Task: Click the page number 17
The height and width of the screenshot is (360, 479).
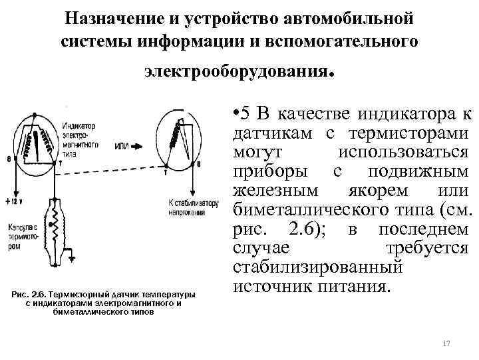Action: pos(446,343)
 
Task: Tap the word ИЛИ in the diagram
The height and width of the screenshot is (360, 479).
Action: pos(122,146)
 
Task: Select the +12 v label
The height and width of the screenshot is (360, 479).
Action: pos(15,201)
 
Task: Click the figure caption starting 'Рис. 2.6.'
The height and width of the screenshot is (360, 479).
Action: pos(106,302)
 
